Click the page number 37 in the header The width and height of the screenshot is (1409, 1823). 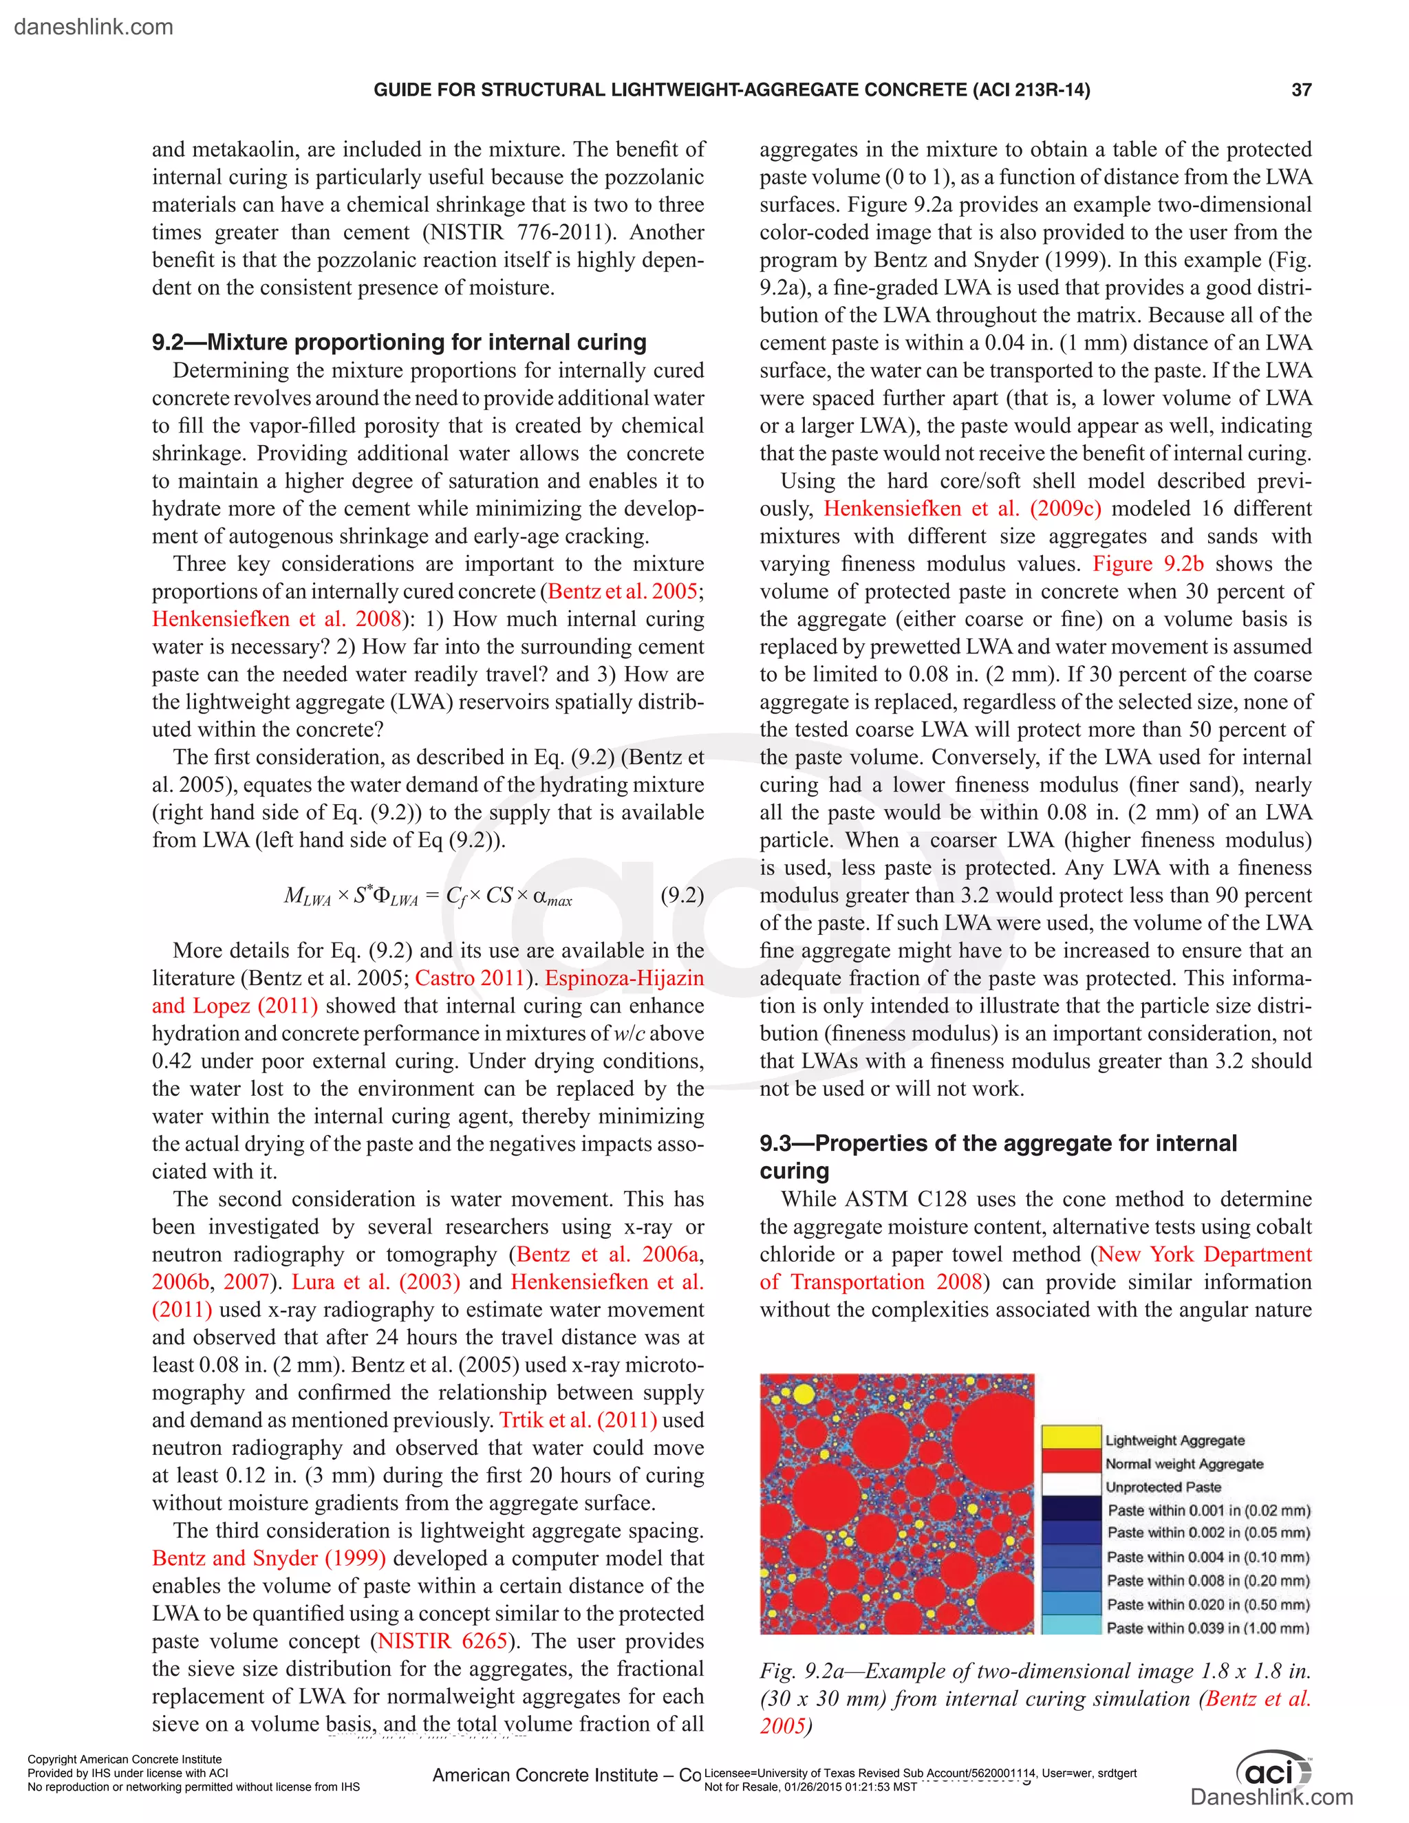1300,90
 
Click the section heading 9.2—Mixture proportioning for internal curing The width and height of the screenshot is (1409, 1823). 399,342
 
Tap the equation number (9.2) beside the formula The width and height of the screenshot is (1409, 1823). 681,896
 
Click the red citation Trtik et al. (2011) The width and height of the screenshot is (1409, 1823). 578,1420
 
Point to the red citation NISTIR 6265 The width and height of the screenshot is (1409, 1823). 442,1641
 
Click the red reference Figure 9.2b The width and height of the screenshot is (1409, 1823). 1148,564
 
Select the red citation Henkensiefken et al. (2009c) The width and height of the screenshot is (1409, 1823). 962,509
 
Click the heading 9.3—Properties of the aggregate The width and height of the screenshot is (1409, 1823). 998,1143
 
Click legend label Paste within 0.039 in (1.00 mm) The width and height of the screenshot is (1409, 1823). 1207,1628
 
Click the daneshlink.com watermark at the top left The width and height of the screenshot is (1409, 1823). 94,27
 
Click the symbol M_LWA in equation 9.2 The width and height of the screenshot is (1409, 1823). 307,897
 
